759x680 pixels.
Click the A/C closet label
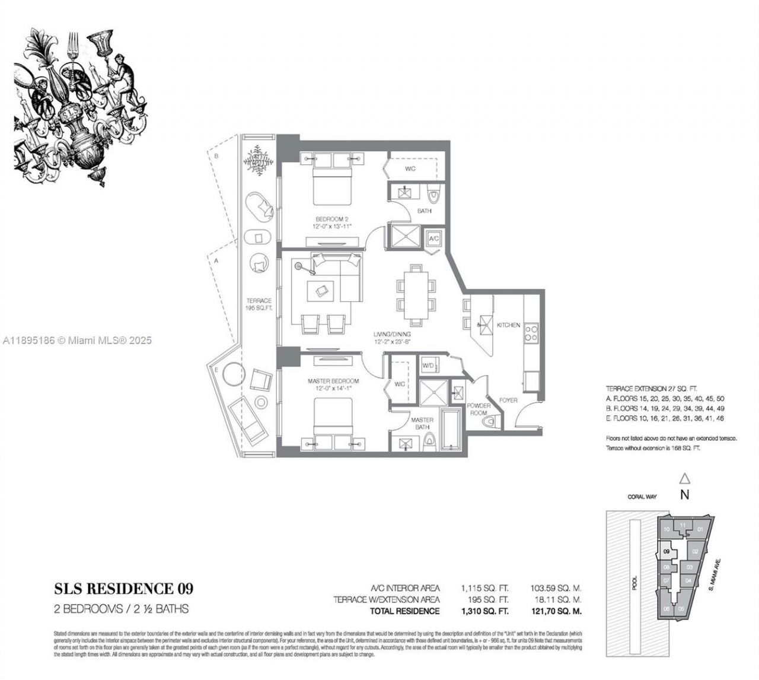point(433,238)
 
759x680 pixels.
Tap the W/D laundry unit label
point(428,366)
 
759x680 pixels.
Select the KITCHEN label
point(508,325)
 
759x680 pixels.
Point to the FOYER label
point(508,400)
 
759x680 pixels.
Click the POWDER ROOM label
point(479,409)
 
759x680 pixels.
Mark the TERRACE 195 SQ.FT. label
point(259,304)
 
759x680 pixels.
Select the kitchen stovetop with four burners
point(531,333)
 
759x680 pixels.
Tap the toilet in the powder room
point(490,423)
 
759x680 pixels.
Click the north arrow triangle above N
point(684,478)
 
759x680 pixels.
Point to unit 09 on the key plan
point(667,551)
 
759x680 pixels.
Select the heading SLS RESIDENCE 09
point(123,589)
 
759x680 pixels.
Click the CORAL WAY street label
point(642,497)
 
